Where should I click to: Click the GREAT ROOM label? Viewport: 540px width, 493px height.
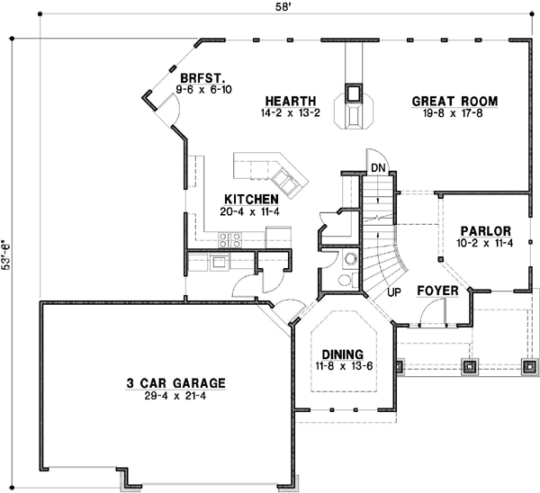[455, 102]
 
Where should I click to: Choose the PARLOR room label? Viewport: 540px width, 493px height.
[483, 229]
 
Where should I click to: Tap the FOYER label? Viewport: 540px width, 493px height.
[438, 291]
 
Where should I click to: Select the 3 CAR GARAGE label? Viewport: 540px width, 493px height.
[176, 382]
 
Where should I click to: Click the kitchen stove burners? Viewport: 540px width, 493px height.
[229, 239]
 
